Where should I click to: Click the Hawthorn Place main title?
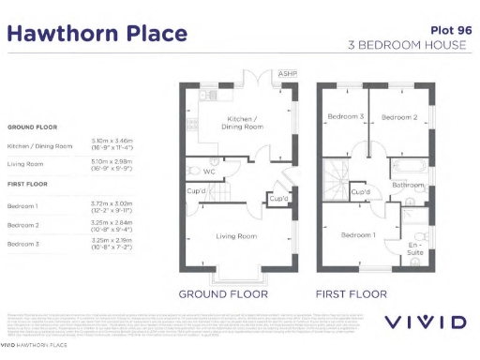coord(97,35)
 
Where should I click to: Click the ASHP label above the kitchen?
coord(287,74)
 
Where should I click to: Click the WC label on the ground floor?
coord(210,172)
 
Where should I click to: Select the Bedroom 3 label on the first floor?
coord(345,117)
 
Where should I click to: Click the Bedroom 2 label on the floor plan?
coord(398,117)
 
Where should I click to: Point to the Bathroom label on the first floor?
coord(408,186)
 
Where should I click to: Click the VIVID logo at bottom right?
coord(427,322)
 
